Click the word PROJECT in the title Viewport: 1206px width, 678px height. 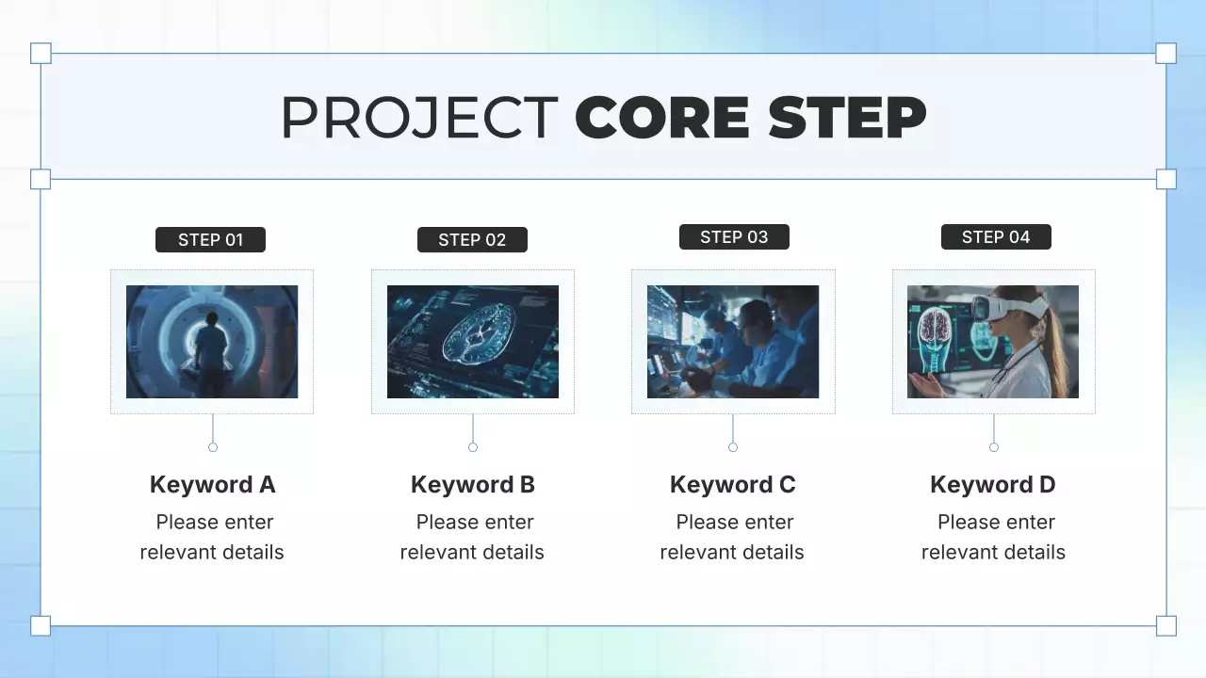pyautogui.click(x=419, y=118)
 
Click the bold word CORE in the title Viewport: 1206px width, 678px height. pyautogui.click(x=663, y=118)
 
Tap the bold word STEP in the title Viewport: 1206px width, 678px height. pyautogui.click(x=846, y=118)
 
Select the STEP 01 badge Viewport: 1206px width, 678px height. pyautogui.click(x=210, y=240)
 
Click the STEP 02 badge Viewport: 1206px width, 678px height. pyautogui.click(x=472, y=240)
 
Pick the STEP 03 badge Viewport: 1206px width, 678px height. pyautogui.click(x=734, y=237)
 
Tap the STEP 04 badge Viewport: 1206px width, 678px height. pyautogui.click(x=996, y=237)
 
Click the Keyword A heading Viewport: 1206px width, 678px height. pyautogui.click(x=212, y=485)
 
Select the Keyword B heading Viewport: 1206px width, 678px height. pyautogui.click(x=472, y=485)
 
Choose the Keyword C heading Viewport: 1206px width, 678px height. pyautogui.click(x=732, y=485)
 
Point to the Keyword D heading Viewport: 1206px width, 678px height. pyautogui.click(x=992, y=485)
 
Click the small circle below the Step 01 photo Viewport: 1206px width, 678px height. pyautogui.click(x=213, y=447)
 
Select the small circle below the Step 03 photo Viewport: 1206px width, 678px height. pyautogui.click(x=733, y=447)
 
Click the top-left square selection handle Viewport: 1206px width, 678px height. pyautogui.click(x=41, y=53)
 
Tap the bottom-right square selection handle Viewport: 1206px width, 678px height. pyautogui.click(x=1165, y=625)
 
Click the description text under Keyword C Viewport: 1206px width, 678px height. pyautogui.click(x=732, y=537)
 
